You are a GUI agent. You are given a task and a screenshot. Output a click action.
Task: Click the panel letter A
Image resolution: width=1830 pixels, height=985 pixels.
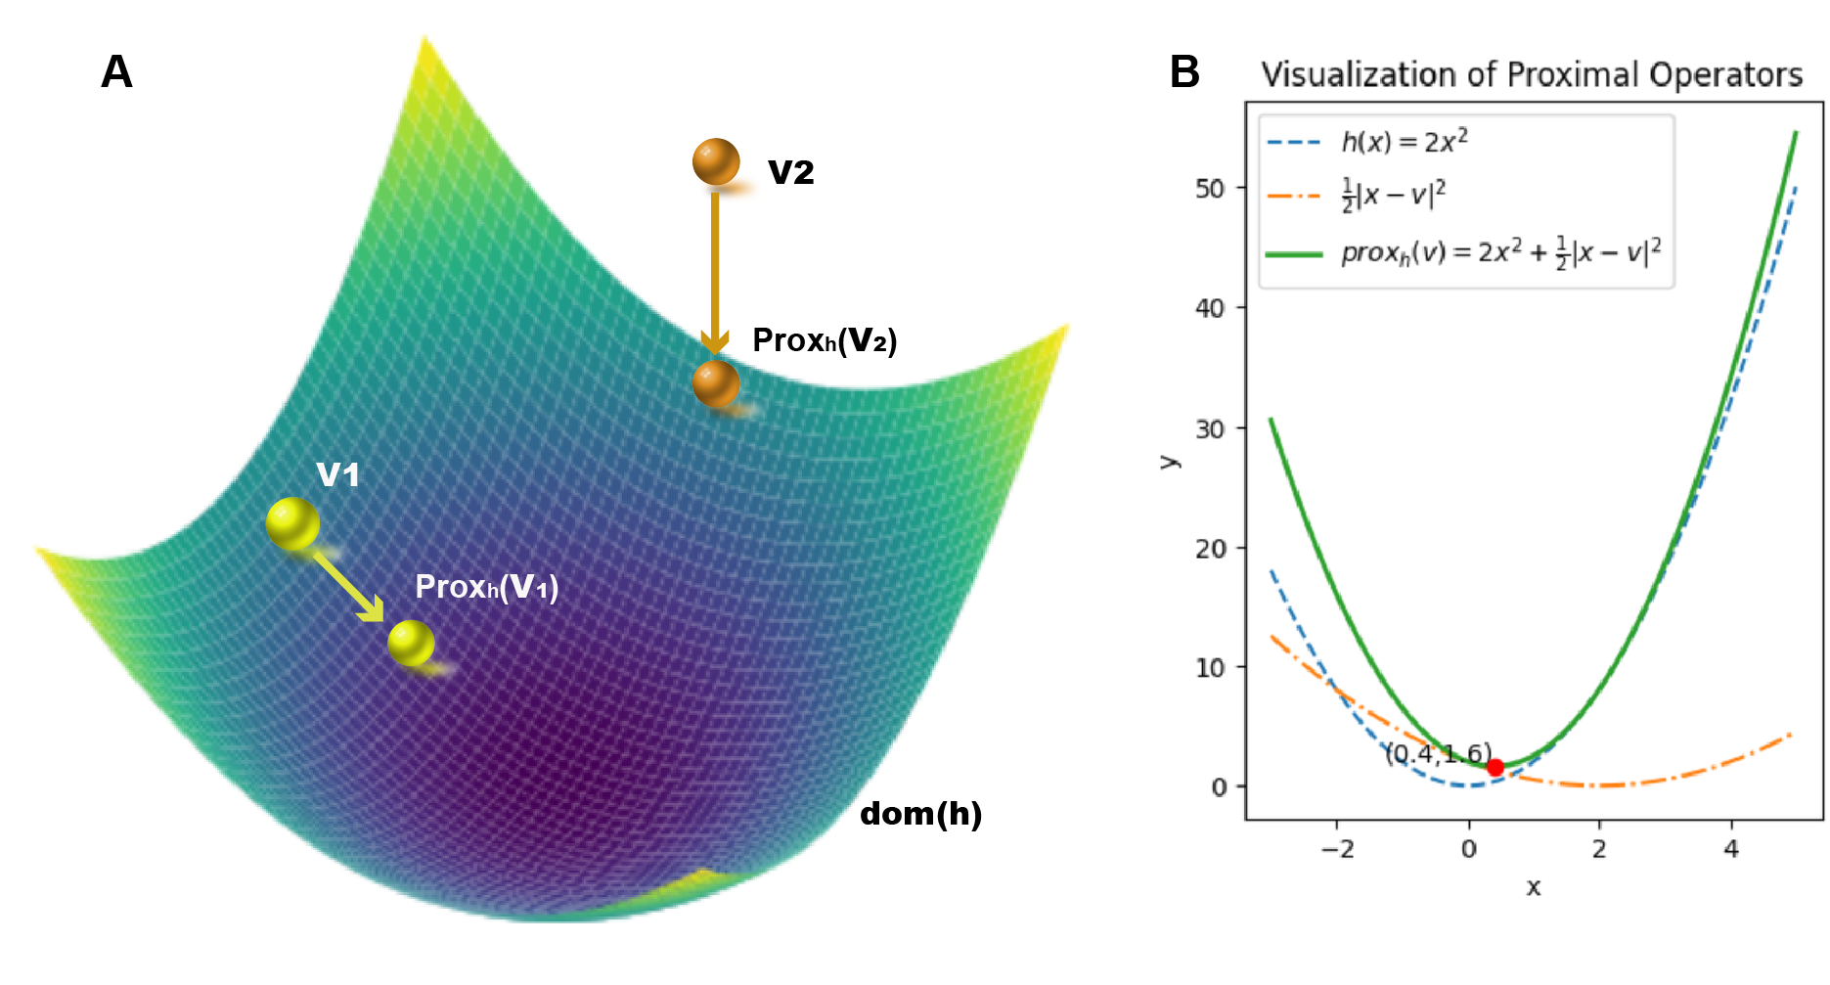coord(116,72)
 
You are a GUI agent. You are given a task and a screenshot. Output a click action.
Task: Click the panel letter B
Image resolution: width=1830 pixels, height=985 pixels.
coord(1184,72)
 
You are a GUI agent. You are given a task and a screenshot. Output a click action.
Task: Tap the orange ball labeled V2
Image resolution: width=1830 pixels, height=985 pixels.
coord(716,161)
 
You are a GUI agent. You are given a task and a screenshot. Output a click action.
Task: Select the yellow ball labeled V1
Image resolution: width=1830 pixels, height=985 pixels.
coord(292,523)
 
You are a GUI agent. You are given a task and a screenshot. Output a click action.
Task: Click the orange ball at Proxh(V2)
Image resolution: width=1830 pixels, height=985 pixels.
coord(716,383)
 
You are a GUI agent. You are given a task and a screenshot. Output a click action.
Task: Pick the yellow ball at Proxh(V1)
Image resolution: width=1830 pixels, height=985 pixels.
coord(411,643)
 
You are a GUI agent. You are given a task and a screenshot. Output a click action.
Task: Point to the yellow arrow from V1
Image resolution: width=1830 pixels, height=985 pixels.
coord(348,586)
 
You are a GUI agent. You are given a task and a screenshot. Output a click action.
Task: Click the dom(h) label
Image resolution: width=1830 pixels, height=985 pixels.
coord(920,814)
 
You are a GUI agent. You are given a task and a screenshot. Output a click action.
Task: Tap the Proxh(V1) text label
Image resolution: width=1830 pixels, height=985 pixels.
coord(486,587)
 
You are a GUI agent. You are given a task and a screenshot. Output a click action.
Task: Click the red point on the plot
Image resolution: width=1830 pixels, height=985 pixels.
coord(1495,768)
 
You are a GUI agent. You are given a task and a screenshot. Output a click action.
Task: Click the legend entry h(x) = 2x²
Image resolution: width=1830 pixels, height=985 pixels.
coord(1404,142)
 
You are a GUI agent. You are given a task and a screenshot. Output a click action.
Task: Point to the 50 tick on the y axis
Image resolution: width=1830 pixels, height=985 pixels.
coord(1210,188)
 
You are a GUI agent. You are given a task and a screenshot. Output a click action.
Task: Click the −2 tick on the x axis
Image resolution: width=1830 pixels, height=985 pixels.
coord(1337,849)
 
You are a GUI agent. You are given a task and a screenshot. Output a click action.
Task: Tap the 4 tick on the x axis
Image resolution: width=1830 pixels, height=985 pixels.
coord(1731,849)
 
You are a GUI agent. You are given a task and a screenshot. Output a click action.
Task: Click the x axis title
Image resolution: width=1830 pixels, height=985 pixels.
coord(1533,887)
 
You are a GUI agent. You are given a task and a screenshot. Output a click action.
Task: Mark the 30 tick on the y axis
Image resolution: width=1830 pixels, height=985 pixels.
coord(1210,428)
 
